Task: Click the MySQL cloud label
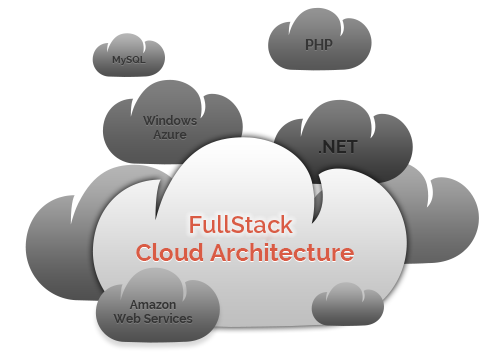tap(129, 60)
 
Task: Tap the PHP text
tap(319, 45)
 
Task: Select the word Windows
tap(170, 120)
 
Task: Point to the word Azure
tap(170, 135)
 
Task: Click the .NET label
tap(338, 147)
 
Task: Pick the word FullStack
tap(241, 224)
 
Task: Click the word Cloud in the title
tap(170, 252)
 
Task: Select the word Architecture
tap(282, 252)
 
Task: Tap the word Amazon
tap(153, 304)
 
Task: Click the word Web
tap(126, 318)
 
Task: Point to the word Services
tap(166, 318)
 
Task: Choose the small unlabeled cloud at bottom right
tap(348, 305)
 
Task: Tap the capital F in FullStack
tap(195, 224)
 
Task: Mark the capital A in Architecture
tap(219, 252)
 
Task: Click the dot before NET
tap(321, 152)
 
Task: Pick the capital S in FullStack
tap(237, 224)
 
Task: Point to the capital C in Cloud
tap(144, 252)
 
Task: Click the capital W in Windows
tap(151, 120)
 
